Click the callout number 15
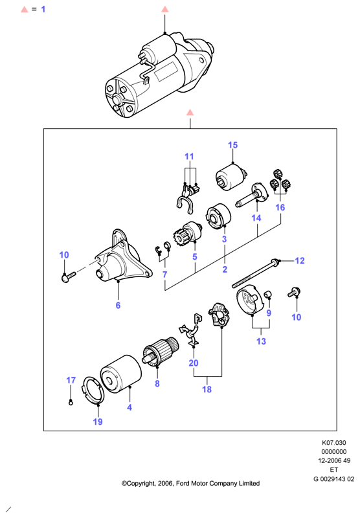click(232, 145)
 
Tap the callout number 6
click(118, 305)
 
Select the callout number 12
click(300, 261)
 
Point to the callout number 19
click(98, 422)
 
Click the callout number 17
click(71, 380)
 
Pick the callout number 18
click(207, 389)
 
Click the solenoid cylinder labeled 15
click(231, 179)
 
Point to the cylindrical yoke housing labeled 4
click(120, 374)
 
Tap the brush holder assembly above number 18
click(219, 315)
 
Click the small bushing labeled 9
click(268, 294)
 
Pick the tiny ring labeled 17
click(71, 402)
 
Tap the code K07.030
click(334, 443)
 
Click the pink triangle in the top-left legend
click(25, 9)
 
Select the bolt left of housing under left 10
click(69, 277)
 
